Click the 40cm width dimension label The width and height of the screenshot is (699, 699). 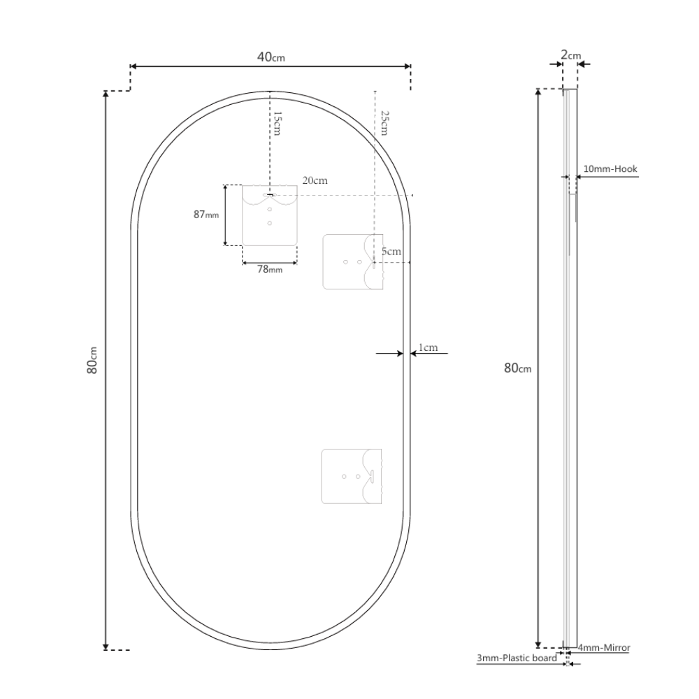(271, 57)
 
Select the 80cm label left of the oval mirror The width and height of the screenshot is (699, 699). (92, 360)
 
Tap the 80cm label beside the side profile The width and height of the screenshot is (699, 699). (517, 368)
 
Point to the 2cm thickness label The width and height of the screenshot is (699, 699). (570, 55)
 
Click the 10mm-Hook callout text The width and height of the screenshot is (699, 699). (610, 169)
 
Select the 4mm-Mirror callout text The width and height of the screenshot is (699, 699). (604, 648)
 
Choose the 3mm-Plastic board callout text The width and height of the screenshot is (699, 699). (517, 658)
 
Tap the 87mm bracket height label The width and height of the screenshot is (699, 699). (206, 215)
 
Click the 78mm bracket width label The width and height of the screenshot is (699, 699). (270, 269)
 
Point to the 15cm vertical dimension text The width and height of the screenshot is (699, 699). (277, 124)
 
